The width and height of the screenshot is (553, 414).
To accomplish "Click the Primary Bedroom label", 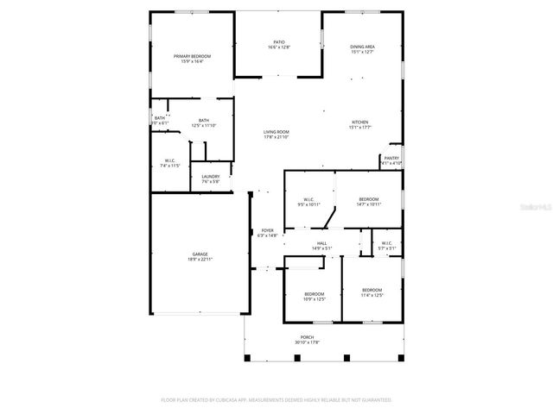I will [192, 56].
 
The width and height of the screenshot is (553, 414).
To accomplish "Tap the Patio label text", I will [278, 41].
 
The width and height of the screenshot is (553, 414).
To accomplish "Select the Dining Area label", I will [362, 47].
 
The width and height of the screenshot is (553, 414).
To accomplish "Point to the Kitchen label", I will [360, 122].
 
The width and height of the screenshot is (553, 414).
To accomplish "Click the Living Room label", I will [276, 132].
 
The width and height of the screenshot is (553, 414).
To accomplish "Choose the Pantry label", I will [391, 158].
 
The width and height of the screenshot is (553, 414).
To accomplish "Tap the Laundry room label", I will [211, 177].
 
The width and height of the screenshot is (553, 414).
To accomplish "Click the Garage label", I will [200, 254].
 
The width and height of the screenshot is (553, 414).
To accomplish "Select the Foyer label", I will [268, 230].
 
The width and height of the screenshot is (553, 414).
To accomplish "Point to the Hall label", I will [321, 245].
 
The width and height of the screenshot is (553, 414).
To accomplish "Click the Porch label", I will [307, 337].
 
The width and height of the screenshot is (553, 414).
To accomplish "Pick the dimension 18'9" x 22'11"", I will [200, 259].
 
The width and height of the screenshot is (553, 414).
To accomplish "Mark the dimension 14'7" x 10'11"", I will [369, 204].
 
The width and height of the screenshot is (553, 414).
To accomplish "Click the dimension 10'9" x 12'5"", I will [315, 299].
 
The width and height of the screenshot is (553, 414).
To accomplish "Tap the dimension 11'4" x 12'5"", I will [372, 295].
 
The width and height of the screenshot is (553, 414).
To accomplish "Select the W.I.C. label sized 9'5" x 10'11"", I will [309, 199].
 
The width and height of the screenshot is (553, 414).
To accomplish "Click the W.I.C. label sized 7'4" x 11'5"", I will [170, 160].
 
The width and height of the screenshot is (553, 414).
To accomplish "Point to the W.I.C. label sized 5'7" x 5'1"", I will [386, 243].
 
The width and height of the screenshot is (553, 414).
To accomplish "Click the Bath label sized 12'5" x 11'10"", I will [204, 121].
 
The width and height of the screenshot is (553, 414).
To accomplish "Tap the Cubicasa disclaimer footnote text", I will [276, 400].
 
